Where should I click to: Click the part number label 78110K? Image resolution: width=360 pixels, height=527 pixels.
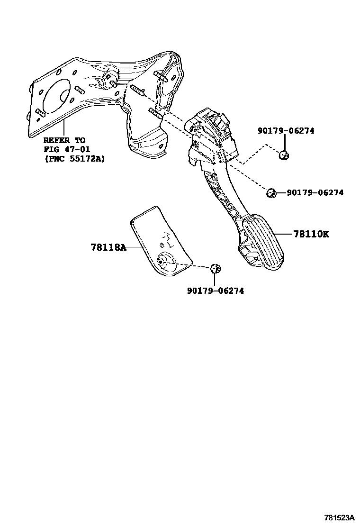point(311,234)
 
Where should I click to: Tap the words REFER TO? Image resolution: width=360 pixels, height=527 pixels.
point(64,140)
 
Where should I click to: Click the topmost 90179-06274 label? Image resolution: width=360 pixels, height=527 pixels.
point(286,131)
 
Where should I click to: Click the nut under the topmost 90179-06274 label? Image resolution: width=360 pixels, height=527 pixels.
point(285,155)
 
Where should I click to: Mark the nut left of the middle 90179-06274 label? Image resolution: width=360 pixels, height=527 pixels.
point(271,192)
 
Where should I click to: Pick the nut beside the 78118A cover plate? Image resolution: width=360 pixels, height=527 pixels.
point(216,268)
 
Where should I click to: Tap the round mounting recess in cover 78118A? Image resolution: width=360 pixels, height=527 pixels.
point(165,261)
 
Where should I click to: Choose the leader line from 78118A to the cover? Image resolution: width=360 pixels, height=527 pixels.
point(134,247)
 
